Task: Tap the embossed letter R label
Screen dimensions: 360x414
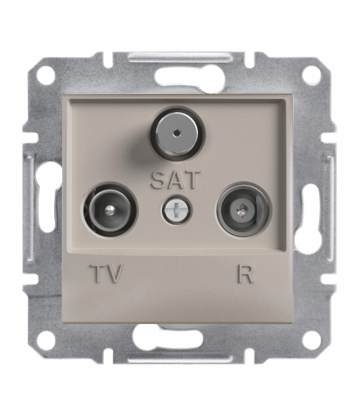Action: point(245,273)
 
